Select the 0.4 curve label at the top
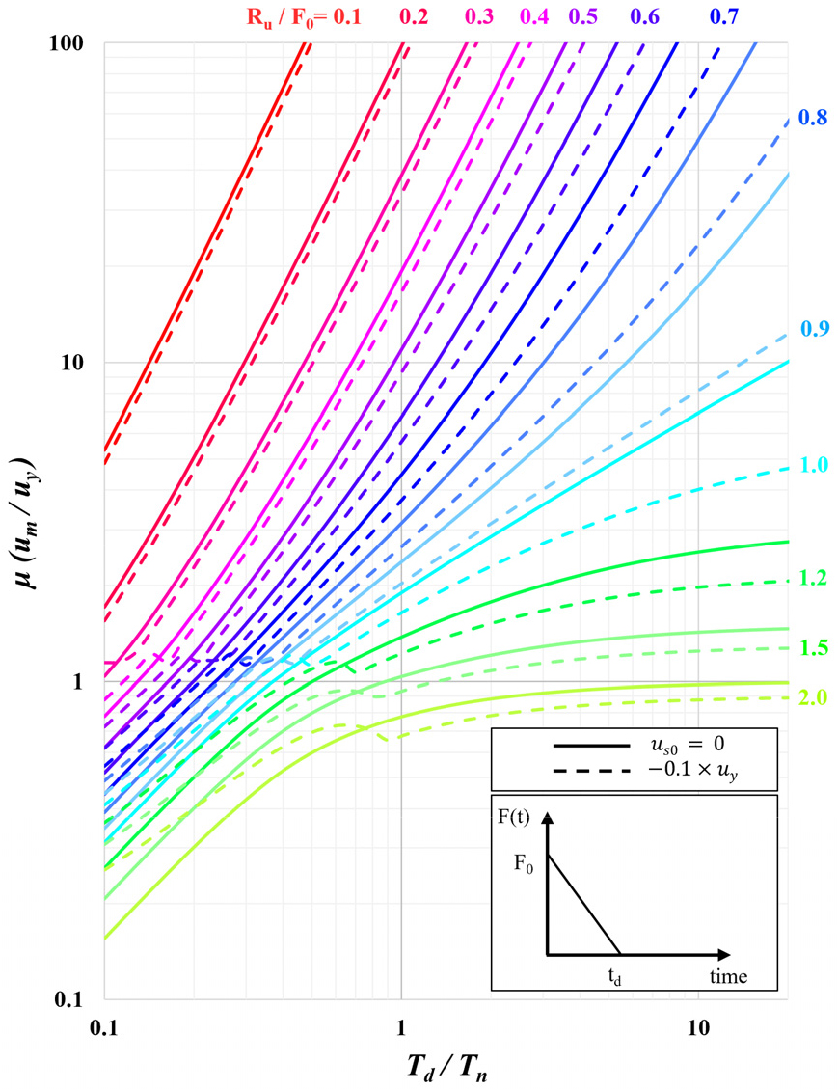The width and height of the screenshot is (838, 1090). [534, 16]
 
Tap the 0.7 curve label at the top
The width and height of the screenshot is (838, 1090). [724, 16]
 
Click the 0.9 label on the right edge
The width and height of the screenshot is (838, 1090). [814, 328]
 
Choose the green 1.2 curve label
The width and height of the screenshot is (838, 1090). [814, 579]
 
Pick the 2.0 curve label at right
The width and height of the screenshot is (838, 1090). [814, 696]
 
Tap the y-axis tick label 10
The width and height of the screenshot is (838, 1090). [78, 363]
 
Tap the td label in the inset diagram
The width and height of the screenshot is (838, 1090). [615, 976]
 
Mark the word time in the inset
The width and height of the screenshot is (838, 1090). [727, 976]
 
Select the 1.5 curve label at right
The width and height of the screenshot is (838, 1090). [814, 647]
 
